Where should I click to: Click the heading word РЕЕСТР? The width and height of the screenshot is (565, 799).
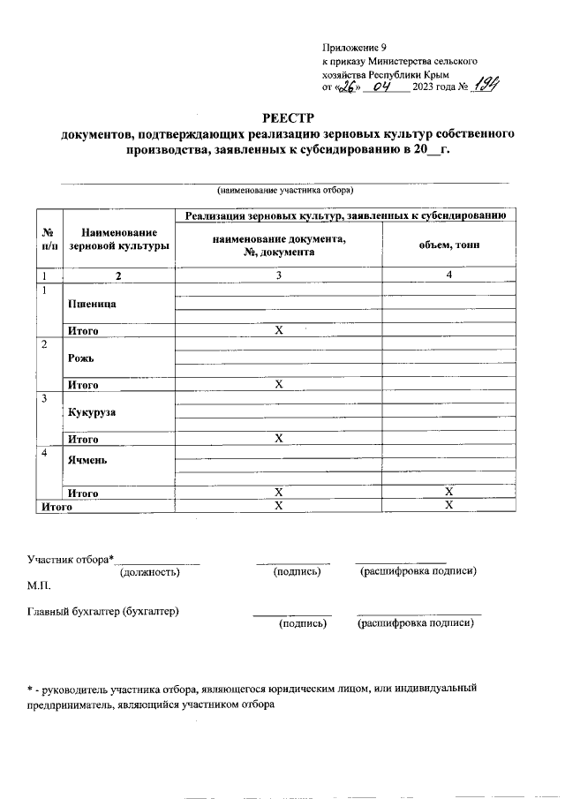pyautogui.click(x=282, y=118)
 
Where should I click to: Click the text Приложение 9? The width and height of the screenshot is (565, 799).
pyautogui.click(x=354, y=47)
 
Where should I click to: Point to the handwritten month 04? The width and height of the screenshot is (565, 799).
pyautogui.click(x=381, y=87)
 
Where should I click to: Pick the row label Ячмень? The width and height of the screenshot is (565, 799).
pyautogui.click(x=88, y=460)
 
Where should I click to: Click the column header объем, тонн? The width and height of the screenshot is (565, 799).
pyautogui.click(x=449, y=245)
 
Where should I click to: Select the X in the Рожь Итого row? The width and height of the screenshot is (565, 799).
pyautogui.click(x=278, y=385)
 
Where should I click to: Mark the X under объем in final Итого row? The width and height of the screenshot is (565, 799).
pyautogui.click(x=448, y=505)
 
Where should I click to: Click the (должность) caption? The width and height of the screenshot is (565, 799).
pyautogui.click(x=150, y=572)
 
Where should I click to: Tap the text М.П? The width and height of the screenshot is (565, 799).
pyautogui.click(x=40, y=586)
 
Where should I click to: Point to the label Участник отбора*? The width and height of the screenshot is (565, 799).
pyautogui.click(x=72, y=559)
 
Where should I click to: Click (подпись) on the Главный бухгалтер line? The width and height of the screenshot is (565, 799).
pyautogui.click(x=302, y=624)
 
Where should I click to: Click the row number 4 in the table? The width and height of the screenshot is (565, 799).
pyautogui.click(x=44, y=453)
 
